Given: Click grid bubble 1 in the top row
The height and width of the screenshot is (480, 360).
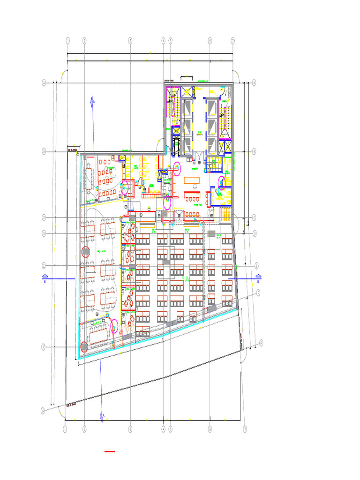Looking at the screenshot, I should pos(68,41).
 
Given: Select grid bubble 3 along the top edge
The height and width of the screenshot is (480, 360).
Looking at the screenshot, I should pos(130,41).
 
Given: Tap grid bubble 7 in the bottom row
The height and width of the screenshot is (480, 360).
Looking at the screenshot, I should pos(245,429).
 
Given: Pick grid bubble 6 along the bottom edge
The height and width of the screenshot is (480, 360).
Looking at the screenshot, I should pos(210,429).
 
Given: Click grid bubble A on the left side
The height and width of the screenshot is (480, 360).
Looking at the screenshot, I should pos(44,83).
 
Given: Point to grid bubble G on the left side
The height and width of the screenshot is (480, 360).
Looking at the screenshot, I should pos(44,410).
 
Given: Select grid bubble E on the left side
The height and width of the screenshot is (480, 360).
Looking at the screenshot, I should pos(44,265).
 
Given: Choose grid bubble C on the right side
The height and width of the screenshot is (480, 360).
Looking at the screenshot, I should pos(254,217).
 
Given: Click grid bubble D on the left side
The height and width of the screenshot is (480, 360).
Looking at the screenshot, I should pos(44,233).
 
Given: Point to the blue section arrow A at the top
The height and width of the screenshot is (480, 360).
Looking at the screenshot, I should pos(93,101).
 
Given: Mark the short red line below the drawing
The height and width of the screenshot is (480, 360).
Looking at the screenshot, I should pos(110,451).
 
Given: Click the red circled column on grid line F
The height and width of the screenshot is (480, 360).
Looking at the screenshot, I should pos(84,347).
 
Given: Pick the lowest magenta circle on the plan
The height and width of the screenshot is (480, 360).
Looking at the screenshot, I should pos(114,326).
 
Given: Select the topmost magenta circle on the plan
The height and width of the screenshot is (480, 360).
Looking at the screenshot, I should pos(177,166).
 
